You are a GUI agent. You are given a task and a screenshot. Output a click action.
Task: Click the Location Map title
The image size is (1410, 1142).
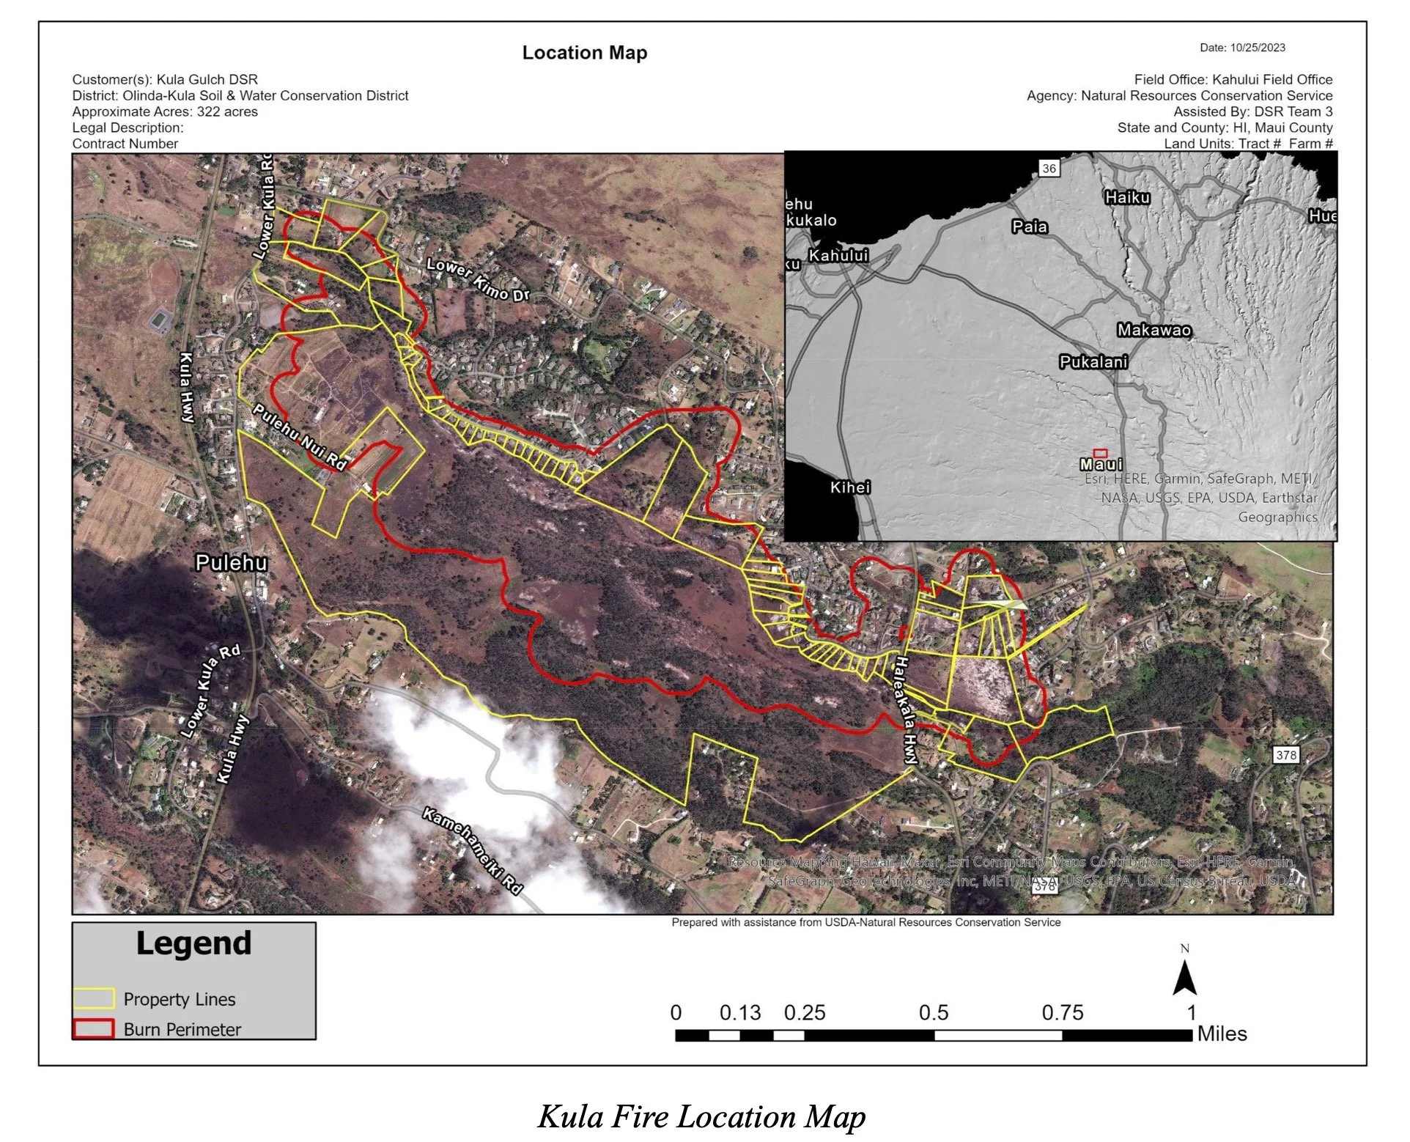click(584, 53)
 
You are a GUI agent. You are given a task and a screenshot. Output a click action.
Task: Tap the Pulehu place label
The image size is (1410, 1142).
click(231, 563)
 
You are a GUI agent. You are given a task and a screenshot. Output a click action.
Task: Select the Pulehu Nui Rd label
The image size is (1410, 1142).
click(299, 436)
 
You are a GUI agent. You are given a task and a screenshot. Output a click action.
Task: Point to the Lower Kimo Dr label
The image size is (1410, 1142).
click(478, 280)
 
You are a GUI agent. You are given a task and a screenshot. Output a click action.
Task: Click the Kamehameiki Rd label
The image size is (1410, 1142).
click(473, 851)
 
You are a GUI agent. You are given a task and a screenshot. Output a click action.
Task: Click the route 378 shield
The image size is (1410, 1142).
click(1285, 755)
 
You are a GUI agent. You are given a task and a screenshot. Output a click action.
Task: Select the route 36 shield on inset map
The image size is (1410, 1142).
click(1049, 169)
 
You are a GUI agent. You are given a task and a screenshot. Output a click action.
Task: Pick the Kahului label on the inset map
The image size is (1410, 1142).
click(838, 256)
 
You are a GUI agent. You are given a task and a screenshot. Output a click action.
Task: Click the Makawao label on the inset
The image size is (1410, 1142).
click(1154, 331)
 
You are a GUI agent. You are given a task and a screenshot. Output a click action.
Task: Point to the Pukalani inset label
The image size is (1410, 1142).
click(1093, 362)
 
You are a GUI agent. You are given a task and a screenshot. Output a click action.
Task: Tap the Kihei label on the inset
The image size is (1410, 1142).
click(850, 487)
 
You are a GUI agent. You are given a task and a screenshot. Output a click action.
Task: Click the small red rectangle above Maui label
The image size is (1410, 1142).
click(1100, 454)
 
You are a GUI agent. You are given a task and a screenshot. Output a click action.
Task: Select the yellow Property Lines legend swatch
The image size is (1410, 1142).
click(94, 998)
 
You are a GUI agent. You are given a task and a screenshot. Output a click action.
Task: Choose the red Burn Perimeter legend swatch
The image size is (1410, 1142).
click(94, 1029)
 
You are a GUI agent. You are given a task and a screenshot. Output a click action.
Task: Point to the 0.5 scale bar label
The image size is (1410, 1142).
click(933, 1013)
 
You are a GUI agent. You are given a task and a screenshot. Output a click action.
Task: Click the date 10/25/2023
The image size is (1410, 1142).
click(1258, 48)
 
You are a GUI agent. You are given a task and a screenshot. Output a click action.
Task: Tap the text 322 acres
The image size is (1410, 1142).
click(227, 112)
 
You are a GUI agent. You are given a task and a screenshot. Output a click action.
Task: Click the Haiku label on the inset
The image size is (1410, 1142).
click(1127, 197)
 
